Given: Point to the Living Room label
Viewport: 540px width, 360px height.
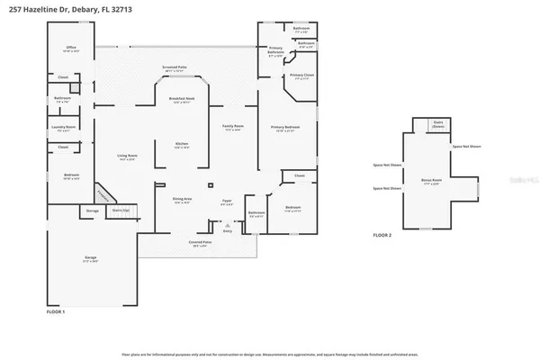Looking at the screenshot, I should coord(126,157).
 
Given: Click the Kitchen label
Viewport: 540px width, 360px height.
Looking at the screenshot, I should coord(181,144).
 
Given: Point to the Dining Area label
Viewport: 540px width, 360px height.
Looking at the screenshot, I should coord(182,200).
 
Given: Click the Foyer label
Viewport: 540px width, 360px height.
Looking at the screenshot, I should coord(227,201).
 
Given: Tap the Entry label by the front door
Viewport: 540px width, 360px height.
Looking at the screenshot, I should coord(228,231).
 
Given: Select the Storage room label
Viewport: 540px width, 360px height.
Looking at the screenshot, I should coord(92,211).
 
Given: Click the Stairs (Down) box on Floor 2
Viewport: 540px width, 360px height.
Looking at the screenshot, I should coord(438,124).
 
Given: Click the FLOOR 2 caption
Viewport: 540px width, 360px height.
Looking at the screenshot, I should coord(382,235).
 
